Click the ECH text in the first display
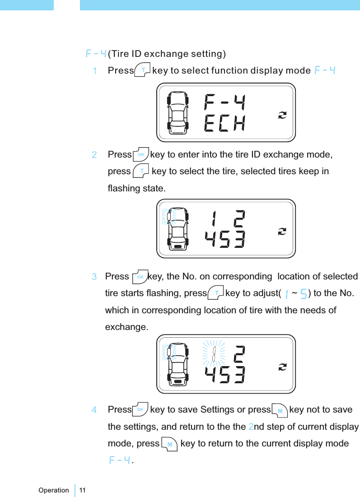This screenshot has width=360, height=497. [224, 124]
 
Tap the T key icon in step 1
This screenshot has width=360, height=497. [143, 70]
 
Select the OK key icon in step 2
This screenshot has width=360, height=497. [141, 154]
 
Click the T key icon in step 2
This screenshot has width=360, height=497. [142, 171]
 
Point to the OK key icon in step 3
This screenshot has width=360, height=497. [140, 276]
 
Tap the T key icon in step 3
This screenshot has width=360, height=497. [217, 293]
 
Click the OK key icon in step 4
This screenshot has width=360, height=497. [140, 409]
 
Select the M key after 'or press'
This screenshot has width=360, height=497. [280, 410]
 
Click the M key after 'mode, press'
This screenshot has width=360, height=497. [169, 443]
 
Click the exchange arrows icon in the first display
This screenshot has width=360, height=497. [282, 115]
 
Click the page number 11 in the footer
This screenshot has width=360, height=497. [82, 490]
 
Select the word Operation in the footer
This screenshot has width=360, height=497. [53, 490]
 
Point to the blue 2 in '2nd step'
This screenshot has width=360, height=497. [252, 427]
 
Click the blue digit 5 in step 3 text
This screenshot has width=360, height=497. [304, 294]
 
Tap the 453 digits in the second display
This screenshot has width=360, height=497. [224, 240]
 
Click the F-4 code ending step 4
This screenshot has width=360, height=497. [119, 460]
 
